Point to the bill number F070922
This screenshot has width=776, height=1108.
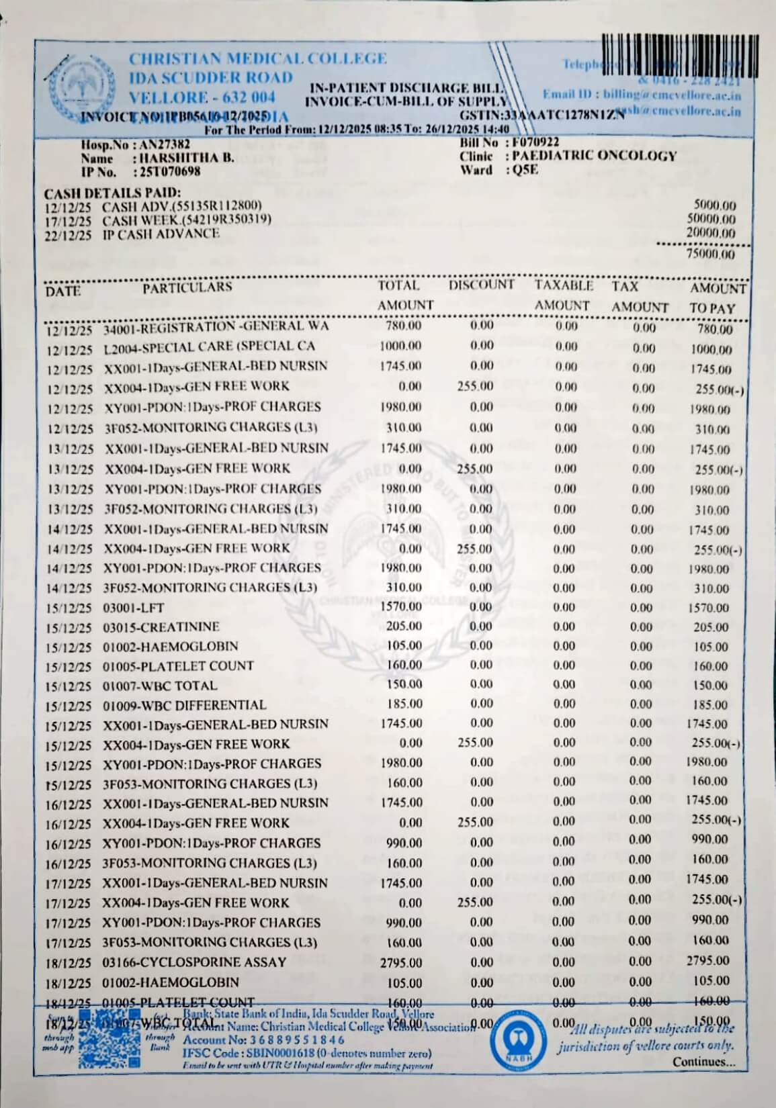pyautogui.click(x=535, y=142)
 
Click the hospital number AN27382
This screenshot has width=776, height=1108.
pyautogui.click(x=165, y=144)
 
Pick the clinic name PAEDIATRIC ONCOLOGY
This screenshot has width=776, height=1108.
pyautogui.click(x=594, y=156)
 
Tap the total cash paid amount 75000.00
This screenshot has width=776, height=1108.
pyautogui.click(x=711, y=255)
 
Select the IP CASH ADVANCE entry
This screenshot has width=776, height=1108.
pyautogui.click(x=161, y=234)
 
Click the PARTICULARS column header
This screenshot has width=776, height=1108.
pyautogui.click(x=187, y=288)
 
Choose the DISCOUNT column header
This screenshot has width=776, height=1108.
pyautogui.click(x=481, y=285)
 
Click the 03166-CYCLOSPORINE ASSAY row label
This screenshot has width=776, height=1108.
pyautogui.click(x=194, y=962)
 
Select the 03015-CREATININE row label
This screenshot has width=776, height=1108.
pyautogui.click(x=161, y=627)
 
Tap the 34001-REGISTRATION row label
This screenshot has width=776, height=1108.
pyautogui.click(x=215, y=328)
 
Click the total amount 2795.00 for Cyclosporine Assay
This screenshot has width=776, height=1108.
pyautogui.click(x=401, y=963)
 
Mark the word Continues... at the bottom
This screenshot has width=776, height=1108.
pyautogui.click(x=703, y=1062)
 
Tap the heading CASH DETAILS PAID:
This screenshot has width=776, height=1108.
pyautogui.click(x=112, y=193)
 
